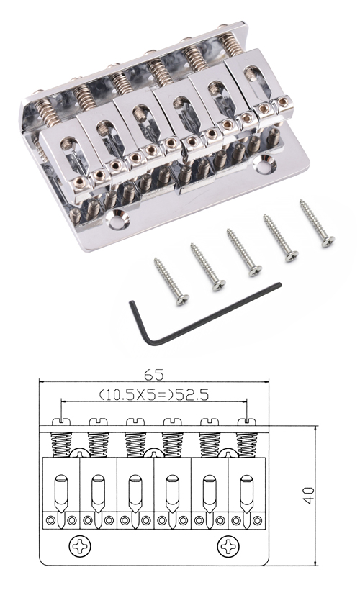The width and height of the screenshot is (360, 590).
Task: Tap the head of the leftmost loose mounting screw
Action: coord(183,299)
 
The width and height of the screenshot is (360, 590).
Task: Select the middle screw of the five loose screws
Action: coord(244,253)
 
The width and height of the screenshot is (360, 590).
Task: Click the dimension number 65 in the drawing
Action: coord(154,375)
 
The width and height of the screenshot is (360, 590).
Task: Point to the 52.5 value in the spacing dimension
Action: coord(191,395)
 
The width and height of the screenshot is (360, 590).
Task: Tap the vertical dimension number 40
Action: coord(309,496)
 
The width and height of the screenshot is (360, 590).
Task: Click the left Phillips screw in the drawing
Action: coord(80,546)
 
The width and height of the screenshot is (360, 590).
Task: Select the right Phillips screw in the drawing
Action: coord(228,546)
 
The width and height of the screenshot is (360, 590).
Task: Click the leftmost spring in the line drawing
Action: coord(61,445)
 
